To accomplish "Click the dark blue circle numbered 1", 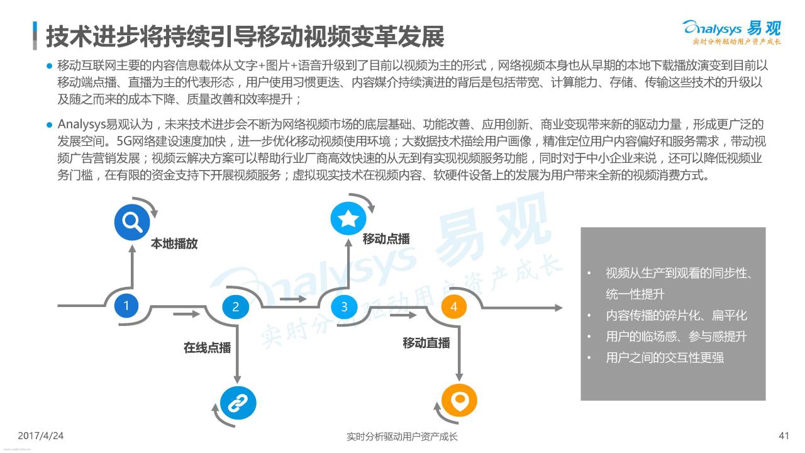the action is tap(126, 306).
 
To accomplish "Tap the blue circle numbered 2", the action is tap(235, 306).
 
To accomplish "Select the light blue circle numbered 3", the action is tap(344, 306).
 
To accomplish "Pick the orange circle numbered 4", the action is tap(454, 306).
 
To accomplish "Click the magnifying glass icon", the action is tap(132, 222).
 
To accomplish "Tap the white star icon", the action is tap(348, 218).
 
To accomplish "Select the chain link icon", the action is tap(238, 403).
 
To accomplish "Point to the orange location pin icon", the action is tap(459, 400).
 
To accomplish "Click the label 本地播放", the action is tap(174, 243).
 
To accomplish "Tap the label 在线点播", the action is tap(208, 348).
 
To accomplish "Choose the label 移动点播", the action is tap(386, 238).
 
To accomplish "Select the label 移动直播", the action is tap(426, 343).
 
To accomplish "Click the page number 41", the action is tap(784, 436).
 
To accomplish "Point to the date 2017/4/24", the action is tap(41, 436).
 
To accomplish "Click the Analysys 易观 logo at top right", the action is tap(731, 31).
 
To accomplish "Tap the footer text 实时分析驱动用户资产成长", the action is tap(402, 437).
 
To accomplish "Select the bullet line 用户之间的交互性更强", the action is tap(665, 358).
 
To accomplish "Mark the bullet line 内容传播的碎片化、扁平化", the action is tap(676, 316).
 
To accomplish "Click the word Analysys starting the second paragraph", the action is tap(82, 125).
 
